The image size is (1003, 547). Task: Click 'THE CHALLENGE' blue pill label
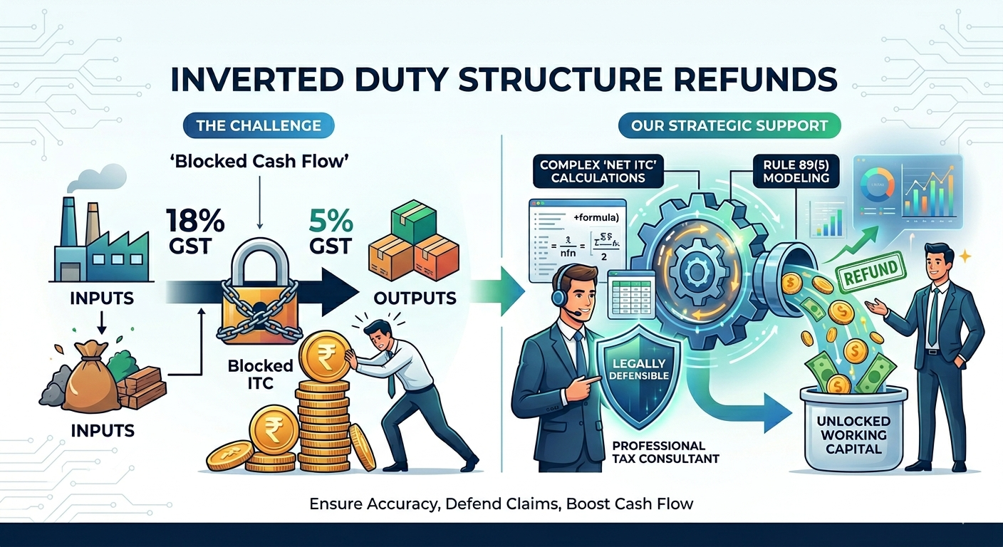click(x=258, y=127)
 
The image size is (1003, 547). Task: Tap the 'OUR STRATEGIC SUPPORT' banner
click(x=729, y=127)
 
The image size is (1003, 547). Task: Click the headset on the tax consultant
click(x=562, y=291)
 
